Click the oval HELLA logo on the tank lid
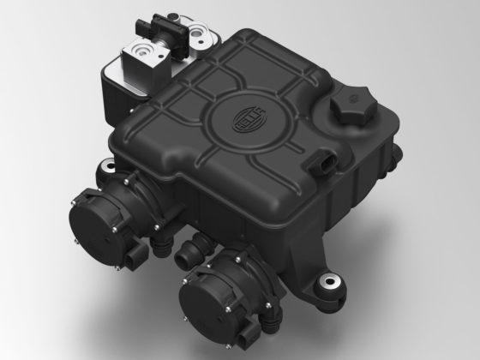pyautogui.click(x=249, y=119)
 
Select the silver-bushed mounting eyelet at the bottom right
pyautogui.click(x=330, y=282)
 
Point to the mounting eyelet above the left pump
pyautogui.click(x=108, y=167)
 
